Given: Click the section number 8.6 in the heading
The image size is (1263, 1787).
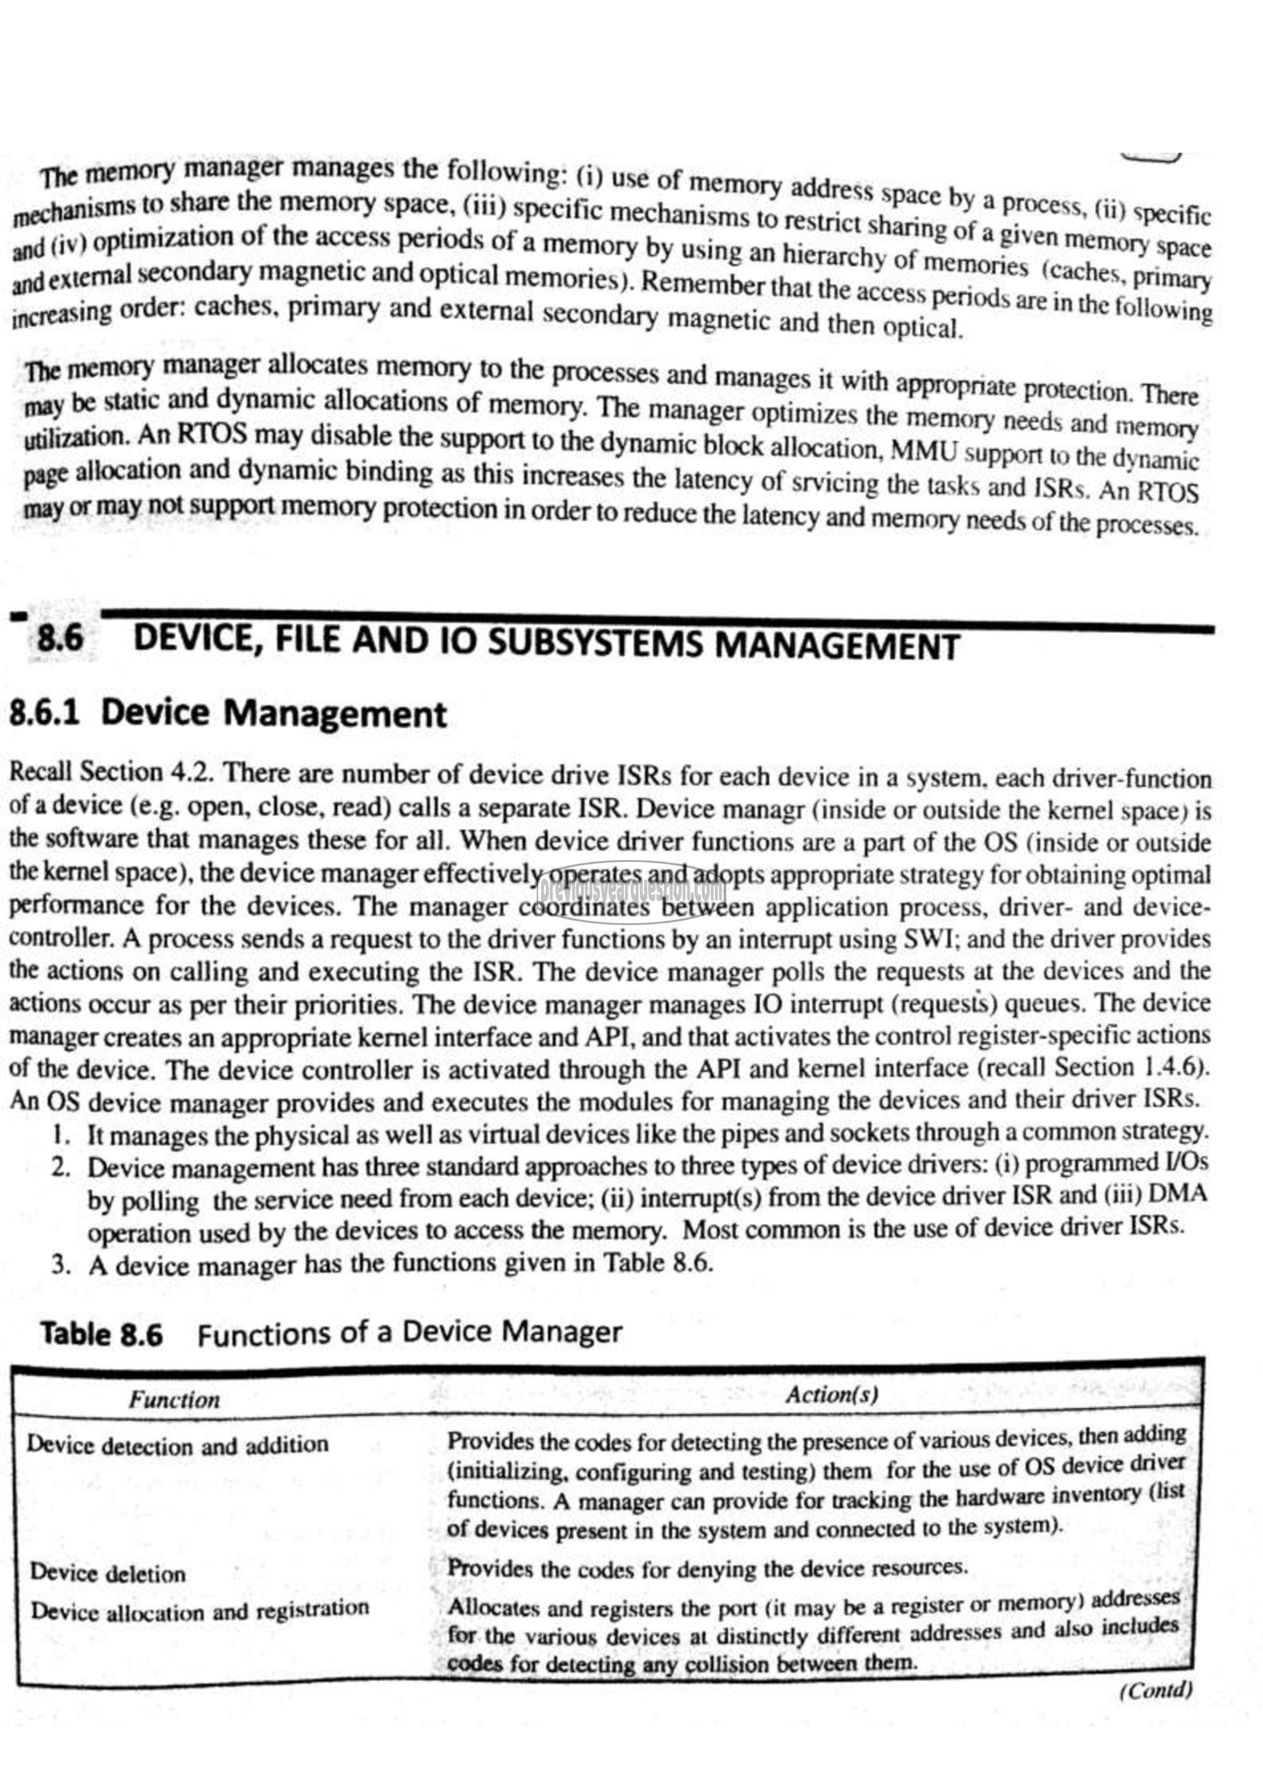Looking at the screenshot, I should [x=61, y=639].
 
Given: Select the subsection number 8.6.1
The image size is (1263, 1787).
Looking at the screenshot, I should [x=44, y=713].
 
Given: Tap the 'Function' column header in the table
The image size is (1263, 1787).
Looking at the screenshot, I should [x=174, y=1400].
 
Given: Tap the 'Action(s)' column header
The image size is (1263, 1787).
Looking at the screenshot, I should [x=831, y=1395].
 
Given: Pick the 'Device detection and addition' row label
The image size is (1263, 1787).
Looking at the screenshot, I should [x=177, y=1445].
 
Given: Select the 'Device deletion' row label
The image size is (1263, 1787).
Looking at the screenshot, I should [x=107, y=1574].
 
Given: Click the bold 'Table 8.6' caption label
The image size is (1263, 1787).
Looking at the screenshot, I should [x=102, y=1334].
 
